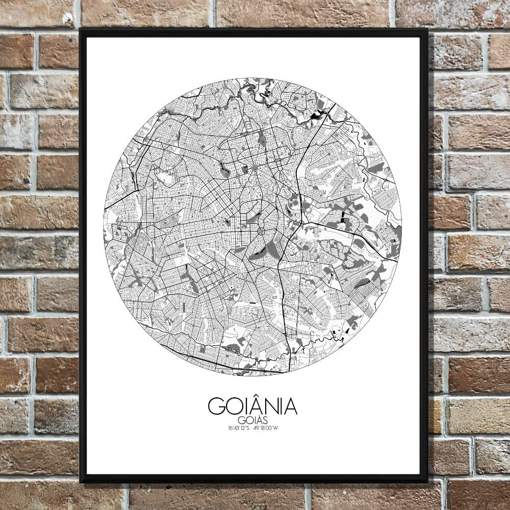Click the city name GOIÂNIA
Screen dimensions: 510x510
pos(252,406)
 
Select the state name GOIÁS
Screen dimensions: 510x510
pos(252,420)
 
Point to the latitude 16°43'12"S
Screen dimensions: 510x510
pos(239,428)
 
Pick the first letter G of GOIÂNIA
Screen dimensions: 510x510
pos(216,406)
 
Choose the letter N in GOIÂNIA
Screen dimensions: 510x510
pos(268,406)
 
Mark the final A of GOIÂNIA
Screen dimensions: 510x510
pos(289,406)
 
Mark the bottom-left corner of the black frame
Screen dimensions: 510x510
pos(81,482)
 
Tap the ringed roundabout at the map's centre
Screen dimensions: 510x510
pos(261,232)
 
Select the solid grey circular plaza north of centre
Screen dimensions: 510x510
pos(254,168)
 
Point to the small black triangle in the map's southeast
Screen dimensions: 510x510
pos(346,331)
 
